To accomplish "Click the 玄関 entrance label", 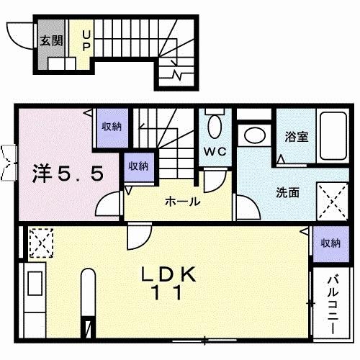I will point(49,40).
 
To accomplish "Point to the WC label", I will point(217,152).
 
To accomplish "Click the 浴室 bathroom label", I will point(297,135).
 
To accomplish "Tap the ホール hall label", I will point(182,202).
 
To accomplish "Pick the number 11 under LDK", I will point(167,294).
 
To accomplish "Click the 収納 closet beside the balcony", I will point(330,243).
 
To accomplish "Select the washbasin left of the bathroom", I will point(254,135).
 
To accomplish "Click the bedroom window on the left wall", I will point(9,161).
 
